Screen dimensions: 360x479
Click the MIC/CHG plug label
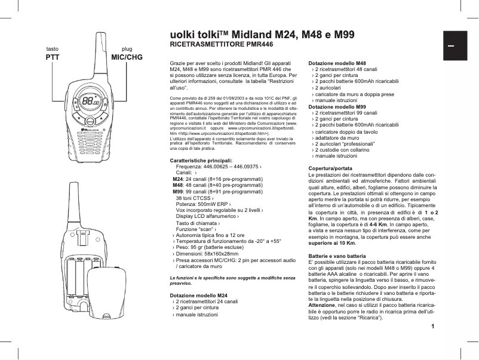pyautogui.click(x=127, y=57)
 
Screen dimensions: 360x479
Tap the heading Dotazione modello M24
pyautogui.click(x=199, y=296)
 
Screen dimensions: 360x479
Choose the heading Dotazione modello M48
pyautogui.click(x=336, y=63)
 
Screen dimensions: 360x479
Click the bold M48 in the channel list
pyautogui.click(x=177, y=185)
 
